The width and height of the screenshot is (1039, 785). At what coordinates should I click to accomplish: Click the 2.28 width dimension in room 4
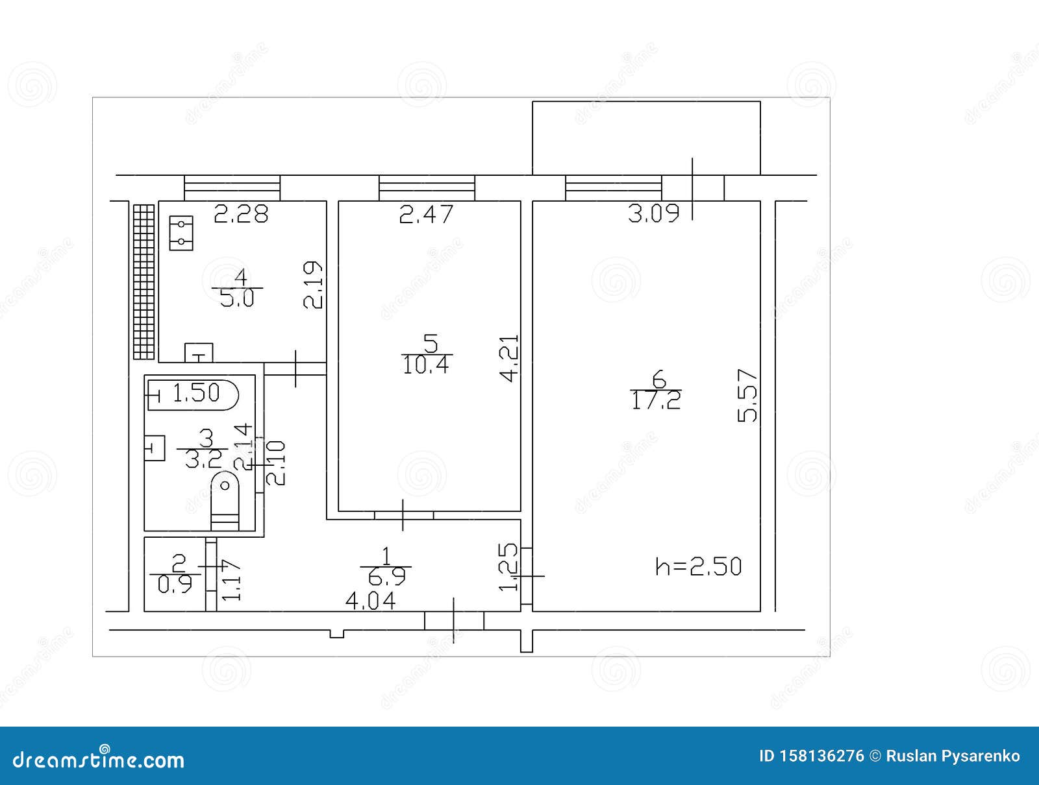[241, 214]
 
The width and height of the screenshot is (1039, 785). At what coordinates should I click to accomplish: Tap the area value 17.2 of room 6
[656, 401]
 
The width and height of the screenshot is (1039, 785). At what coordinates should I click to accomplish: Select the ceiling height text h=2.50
[698, 566]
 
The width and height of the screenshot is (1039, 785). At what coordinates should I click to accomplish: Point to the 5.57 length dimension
[748, 396]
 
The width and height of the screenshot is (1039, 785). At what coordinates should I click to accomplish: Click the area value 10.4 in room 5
[426, 365]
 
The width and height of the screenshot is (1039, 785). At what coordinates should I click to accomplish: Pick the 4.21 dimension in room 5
[510, 358]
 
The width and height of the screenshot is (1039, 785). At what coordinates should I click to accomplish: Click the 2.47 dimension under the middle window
[426, 214]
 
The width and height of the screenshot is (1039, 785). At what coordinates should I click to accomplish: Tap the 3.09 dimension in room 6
[653, 214]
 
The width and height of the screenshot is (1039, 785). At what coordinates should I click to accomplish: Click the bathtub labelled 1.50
[194, 394]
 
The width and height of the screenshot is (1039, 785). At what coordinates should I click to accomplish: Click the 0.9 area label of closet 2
[175, 585]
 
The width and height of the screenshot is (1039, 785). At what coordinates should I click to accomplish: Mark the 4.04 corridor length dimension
[370, 601]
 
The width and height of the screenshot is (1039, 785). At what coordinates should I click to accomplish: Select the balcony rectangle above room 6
[646, 138]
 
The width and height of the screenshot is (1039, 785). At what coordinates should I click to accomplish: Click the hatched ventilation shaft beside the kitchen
[144, 282]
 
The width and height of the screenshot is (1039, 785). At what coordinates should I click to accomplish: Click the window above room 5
[427, 187]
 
